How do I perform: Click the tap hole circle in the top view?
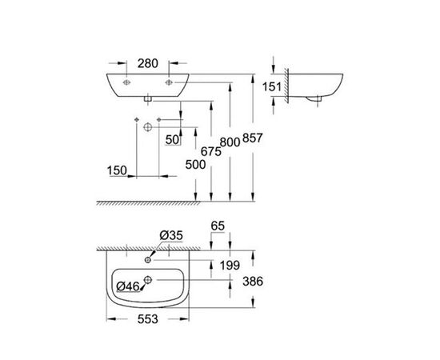[x=151, y=259]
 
